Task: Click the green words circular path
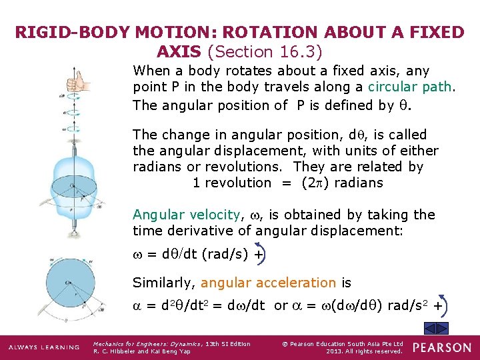[399, 87]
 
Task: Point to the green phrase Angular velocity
[186, 215]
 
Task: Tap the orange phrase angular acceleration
[268, 283]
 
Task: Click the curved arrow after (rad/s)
[257, 254]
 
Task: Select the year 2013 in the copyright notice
[339, 351]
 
